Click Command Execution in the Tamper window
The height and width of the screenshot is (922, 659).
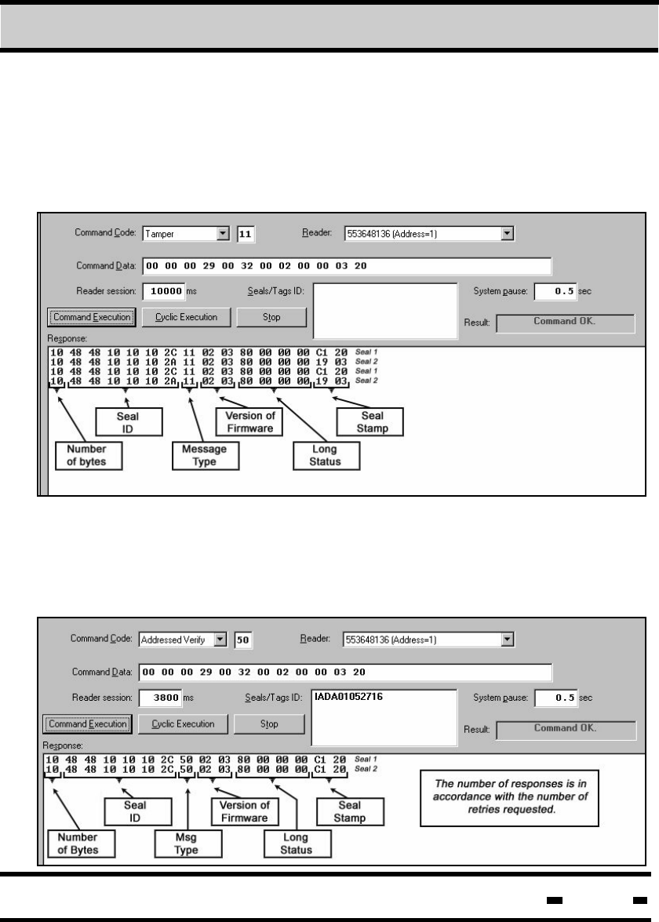92,317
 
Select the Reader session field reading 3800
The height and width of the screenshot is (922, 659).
162,698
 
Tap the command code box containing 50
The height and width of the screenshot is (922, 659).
243,640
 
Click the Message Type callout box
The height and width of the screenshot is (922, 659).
199,456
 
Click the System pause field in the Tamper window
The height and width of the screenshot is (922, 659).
555,292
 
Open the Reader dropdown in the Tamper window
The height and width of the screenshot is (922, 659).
507,234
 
